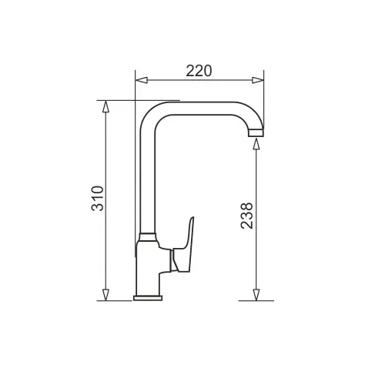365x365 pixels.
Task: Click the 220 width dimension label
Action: pyautogui.click(x=199, y=71)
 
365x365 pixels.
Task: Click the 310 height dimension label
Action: pyautogui.click(x=98, y=199)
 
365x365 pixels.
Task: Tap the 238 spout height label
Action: pyautogui.click(x=247, y=216)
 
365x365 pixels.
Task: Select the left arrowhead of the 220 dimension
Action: pyautogui.click(x=142, y=80)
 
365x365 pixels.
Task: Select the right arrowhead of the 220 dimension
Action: pyautogui.click(x=257, y=80)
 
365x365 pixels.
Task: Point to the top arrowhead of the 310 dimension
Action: pyautogui.click(x=105, y=106)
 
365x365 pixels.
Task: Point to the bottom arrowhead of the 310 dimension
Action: pyautogui.click(x=105, y=295)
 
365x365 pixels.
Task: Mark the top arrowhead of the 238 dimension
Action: pyautogui.click(x=256, y=144)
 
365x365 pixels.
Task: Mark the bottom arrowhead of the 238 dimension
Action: pyautogui.click(x=256, y=295)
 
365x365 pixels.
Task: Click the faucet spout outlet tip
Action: pyautogui.click(x=256, y=133)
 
